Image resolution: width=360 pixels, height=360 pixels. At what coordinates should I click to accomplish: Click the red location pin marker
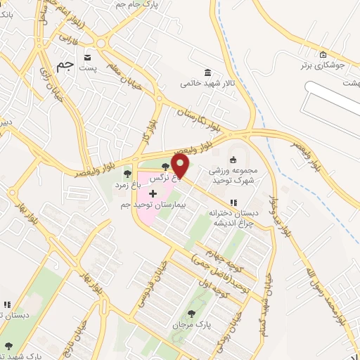coord(181,167)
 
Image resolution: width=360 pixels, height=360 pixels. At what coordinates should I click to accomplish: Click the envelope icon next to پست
coord(87,57)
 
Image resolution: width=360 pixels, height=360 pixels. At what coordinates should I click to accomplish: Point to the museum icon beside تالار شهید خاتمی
coord(207,72)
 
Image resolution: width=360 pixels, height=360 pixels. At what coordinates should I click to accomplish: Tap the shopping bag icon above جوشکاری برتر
coord(323,55)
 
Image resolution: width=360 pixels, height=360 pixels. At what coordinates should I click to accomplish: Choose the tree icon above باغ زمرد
coord(127,173)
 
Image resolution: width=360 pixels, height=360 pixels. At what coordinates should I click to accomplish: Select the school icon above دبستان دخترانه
coord(233,202)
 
